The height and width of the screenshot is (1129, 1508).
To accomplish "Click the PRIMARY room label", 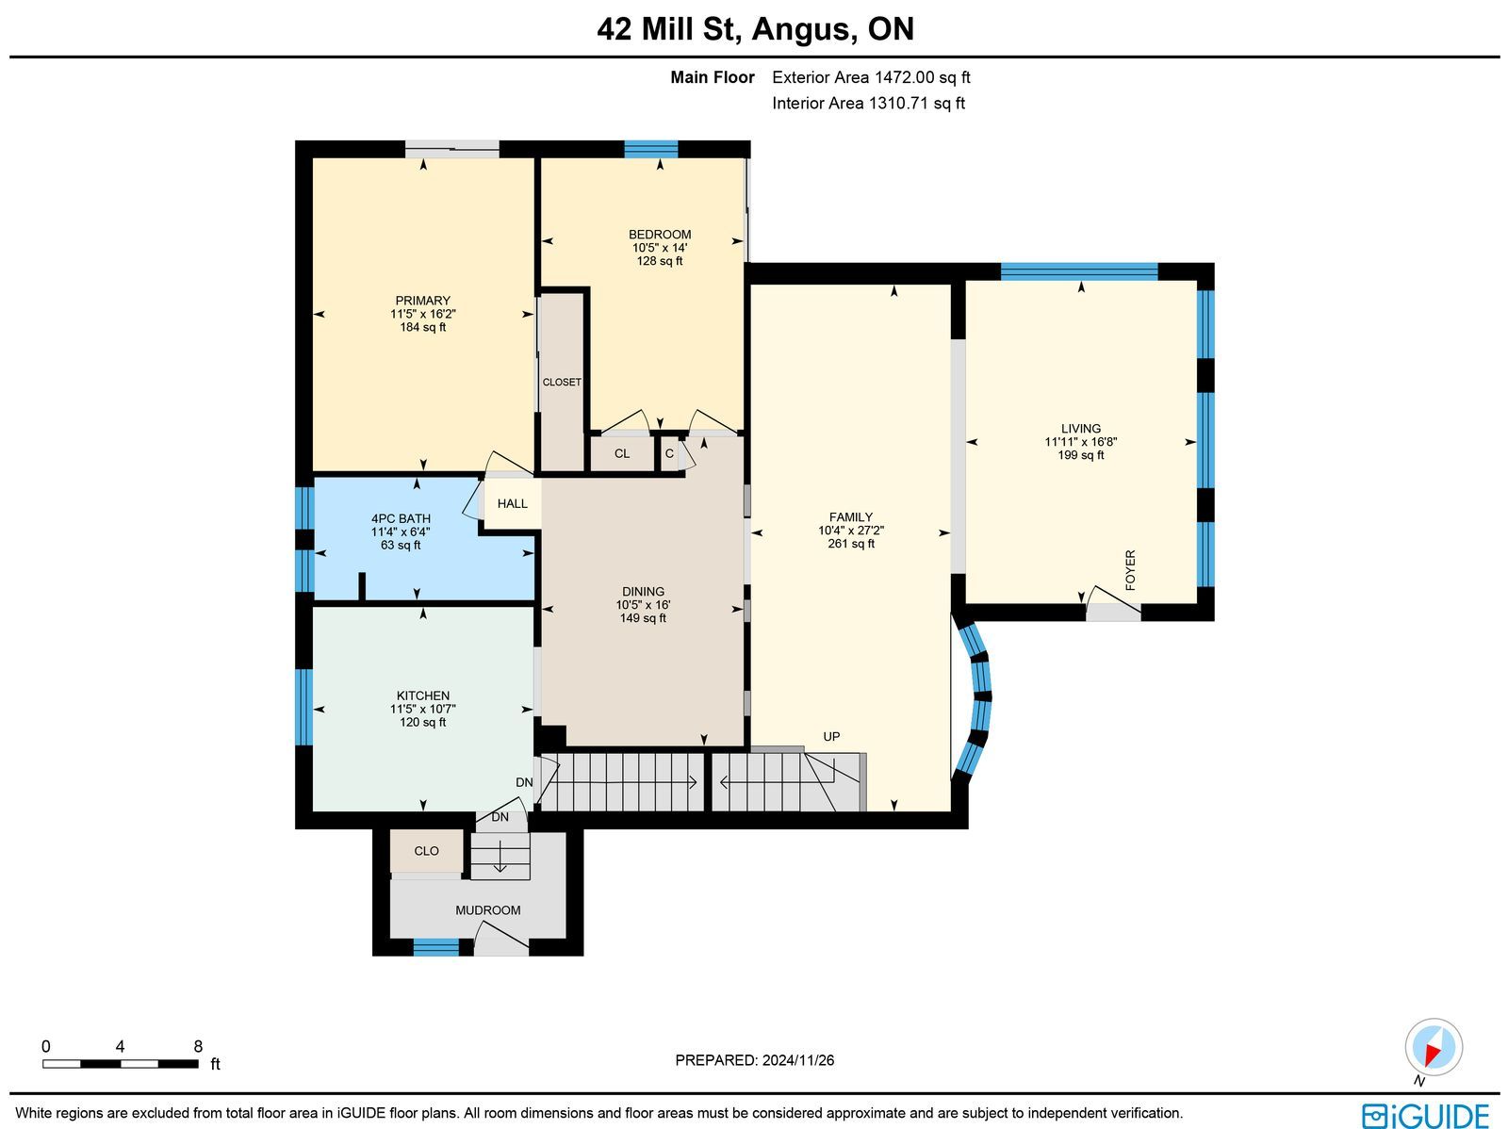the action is coord(422,301).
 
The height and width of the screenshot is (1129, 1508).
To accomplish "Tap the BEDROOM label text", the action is coord(660,235).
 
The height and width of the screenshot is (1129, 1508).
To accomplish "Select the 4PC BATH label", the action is coord(401,519).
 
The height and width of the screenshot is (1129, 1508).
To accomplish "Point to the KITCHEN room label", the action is coord(422,695).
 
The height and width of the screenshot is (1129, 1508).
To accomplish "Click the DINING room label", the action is coord(643,592).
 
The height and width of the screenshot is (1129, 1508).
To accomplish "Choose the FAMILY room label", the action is coord(850,517).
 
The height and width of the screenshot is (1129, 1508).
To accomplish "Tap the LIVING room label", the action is coord(1081,429).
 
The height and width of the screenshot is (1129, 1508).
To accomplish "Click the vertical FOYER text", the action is coord(1130,570).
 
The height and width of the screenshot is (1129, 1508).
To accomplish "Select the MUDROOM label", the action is coord(488,910).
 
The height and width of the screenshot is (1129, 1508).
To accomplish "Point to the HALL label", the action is coord(513,504).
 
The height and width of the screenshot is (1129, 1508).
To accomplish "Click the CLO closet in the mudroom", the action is coord(426,852).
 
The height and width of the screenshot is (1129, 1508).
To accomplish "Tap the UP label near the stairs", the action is coord(831,737).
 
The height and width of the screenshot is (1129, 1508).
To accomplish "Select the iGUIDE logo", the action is coord(1426,1115).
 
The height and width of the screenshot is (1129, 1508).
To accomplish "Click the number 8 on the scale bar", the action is coord(198,1047).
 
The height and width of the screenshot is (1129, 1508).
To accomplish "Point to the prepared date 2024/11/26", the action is coord(797,1060).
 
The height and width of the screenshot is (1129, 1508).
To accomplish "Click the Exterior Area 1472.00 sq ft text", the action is coord(871,77).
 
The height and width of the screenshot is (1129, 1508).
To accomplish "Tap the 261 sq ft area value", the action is coord(850,544).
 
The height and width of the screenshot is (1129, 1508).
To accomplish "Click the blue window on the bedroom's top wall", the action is coord(650,149).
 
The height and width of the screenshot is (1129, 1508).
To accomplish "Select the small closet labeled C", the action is coord(669,454).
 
